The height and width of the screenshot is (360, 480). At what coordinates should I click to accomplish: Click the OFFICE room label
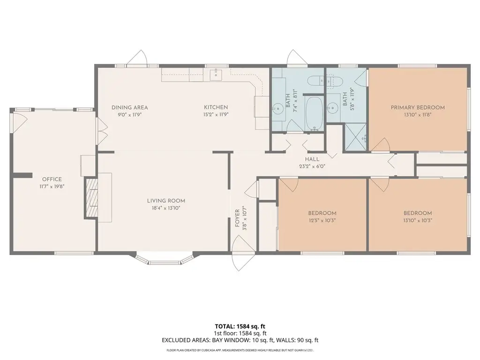[x=52, y=179]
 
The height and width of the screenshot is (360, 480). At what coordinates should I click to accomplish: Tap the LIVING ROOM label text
[x=166, y=201]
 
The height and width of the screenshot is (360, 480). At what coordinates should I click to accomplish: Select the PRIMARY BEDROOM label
[x=418, y=107]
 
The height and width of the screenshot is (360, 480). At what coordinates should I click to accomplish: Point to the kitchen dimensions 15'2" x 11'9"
[x=216, y=115]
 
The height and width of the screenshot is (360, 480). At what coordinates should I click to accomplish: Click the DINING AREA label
[x=129, y=107]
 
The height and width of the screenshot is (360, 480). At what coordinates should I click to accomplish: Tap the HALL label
[x=312, y=159]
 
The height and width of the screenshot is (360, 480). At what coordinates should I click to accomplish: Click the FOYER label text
[x=237, y=218]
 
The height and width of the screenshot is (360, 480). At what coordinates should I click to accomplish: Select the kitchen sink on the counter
[x=216, y=74]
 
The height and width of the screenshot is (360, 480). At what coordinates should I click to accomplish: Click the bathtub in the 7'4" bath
[x=315, y=113]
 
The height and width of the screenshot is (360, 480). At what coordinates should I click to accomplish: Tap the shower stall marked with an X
[x=356, y=137]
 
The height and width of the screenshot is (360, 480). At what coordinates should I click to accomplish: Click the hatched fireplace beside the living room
[x=91, y=198]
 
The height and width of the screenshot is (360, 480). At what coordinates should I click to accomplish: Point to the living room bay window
[x=165, y=258]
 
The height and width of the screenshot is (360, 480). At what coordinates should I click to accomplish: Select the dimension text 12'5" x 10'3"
[x=322, y=220]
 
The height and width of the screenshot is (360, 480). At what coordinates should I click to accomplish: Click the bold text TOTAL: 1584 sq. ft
[x=240, y=326]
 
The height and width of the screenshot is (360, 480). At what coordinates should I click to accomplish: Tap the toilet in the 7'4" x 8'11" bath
[x=315, y=81]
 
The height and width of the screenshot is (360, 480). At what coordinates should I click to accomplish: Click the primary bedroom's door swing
[x=381, y=144]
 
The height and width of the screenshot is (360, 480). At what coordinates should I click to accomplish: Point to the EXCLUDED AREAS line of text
[x=240, y=340]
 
